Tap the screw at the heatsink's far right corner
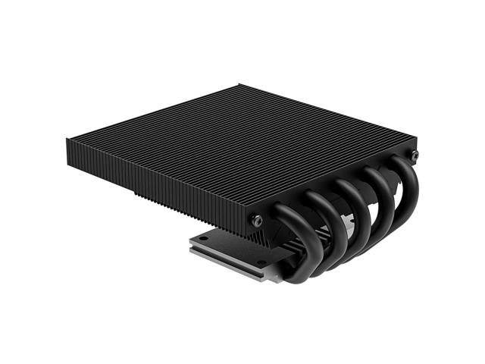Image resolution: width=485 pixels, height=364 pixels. [x=414, y=155]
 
